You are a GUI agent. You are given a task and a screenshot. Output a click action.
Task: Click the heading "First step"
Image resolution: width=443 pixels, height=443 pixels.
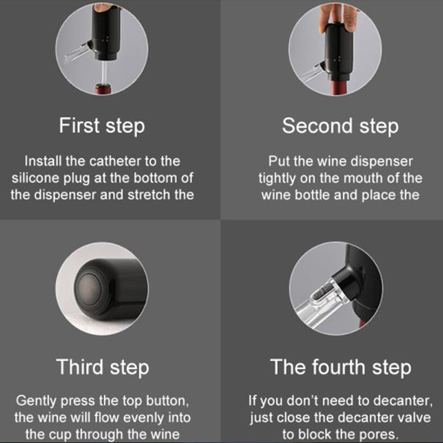click(102, 126)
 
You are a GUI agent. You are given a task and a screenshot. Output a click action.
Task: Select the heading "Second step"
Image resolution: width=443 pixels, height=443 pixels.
click(340, 126)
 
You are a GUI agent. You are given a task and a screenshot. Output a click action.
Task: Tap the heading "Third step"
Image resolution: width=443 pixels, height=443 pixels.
click(102, 367)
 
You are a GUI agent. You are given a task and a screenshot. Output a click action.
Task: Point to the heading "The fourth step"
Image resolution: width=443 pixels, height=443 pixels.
click(341, 367)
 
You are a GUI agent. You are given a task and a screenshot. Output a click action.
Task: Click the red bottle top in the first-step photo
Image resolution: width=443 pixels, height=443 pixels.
click(103, 89)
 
